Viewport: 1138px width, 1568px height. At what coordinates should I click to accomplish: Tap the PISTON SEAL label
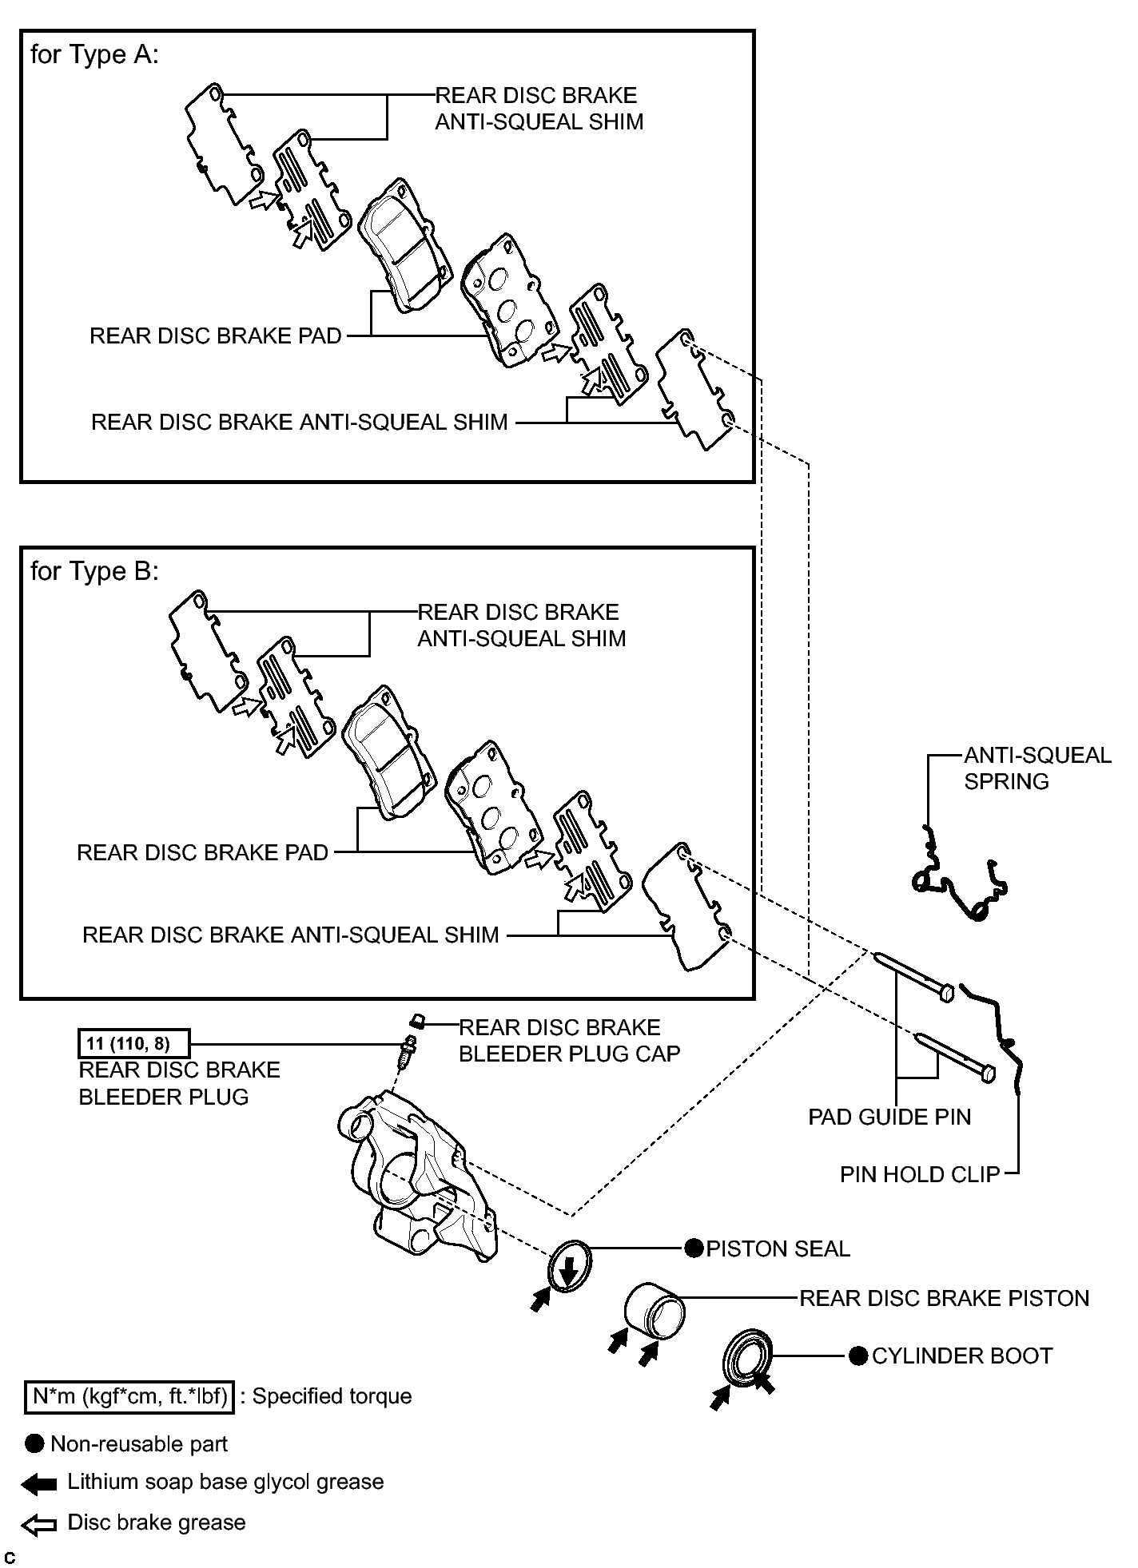778,1248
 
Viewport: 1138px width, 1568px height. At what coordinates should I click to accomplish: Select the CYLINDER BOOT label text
962,1356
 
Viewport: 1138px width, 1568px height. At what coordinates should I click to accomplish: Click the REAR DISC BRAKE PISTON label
945,1298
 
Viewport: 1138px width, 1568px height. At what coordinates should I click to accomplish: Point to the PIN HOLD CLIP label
920,1174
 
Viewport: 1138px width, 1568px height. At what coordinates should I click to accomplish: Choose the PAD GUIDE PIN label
889,1117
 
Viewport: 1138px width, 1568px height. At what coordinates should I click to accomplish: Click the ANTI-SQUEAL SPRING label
1037,768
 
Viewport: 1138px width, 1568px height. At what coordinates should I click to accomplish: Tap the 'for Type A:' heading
94,54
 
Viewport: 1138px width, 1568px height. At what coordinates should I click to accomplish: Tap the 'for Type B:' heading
94,571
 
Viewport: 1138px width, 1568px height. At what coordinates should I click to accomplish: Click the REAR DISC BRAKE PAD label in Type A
216,335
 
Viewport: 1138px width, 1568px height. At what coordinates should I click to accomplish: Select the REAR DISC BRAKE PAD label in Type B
203,852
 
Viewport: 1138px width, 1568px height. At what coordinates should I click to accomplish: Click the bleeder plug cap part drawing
416,1021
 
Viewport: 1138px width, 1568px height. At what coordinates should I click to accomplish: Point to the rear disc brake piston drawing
654,1307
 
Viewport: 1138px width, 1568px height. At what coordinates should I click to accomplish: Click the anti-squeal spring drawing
958,875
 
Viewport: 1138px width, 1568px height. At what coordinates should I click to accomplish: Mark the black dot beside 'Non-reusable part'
34,1443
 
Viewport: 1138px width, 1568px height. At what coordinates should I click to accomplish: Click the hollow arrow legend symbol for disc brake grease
39,1526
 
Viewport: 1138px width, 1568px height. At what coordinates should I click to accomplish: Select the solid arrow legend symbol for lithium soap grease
39,1484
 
